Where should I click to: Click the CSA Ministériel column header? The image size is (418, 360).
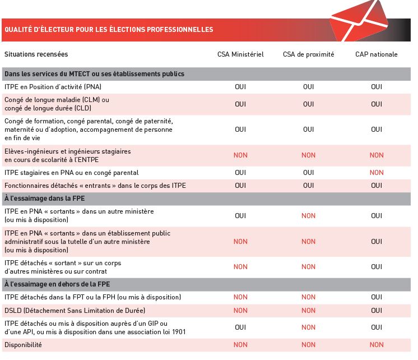(240, 54)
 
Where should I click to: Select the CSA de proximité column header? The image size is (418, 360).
(308, 54)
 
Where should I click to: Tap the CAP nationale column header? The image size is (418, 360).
(377, 54)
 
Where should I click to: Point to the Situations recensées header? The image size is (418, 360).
(36, 54)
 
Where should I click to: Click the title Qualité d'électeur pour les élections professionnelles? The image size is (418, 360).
(109, 29)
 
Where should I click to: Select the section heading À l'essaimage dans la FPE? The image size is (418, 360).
(44, 199)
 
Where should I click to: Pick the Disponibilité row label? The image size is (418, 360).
(23, 344)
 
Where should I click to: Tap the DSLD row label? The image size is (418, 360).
(75, 310)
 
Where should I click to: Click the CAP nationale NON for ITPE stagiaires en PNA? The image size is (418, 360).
(377, 173)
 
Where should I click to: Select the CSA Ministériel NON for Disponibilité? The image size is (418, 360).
(240, 344)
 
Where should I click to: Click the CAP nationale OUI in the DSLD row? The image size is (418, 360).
(377, 310)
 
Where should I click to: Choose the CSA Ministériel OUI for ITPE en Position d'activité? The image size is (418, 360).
(240, 87)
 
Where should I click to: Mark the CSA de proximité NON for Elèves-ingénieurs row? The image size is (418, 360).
(308, 155)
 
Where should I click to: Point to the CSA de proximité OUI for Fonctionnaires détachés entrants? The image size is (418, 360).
(308, 186)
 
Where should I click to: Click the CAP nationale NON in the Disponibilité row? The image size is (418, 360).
(377, 344)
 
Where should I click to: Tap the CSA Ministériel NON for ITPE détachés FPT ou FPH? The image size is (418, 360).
(240, 297)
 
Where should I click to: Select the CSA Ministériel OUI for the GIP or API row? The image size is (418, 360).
(240, 327)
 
